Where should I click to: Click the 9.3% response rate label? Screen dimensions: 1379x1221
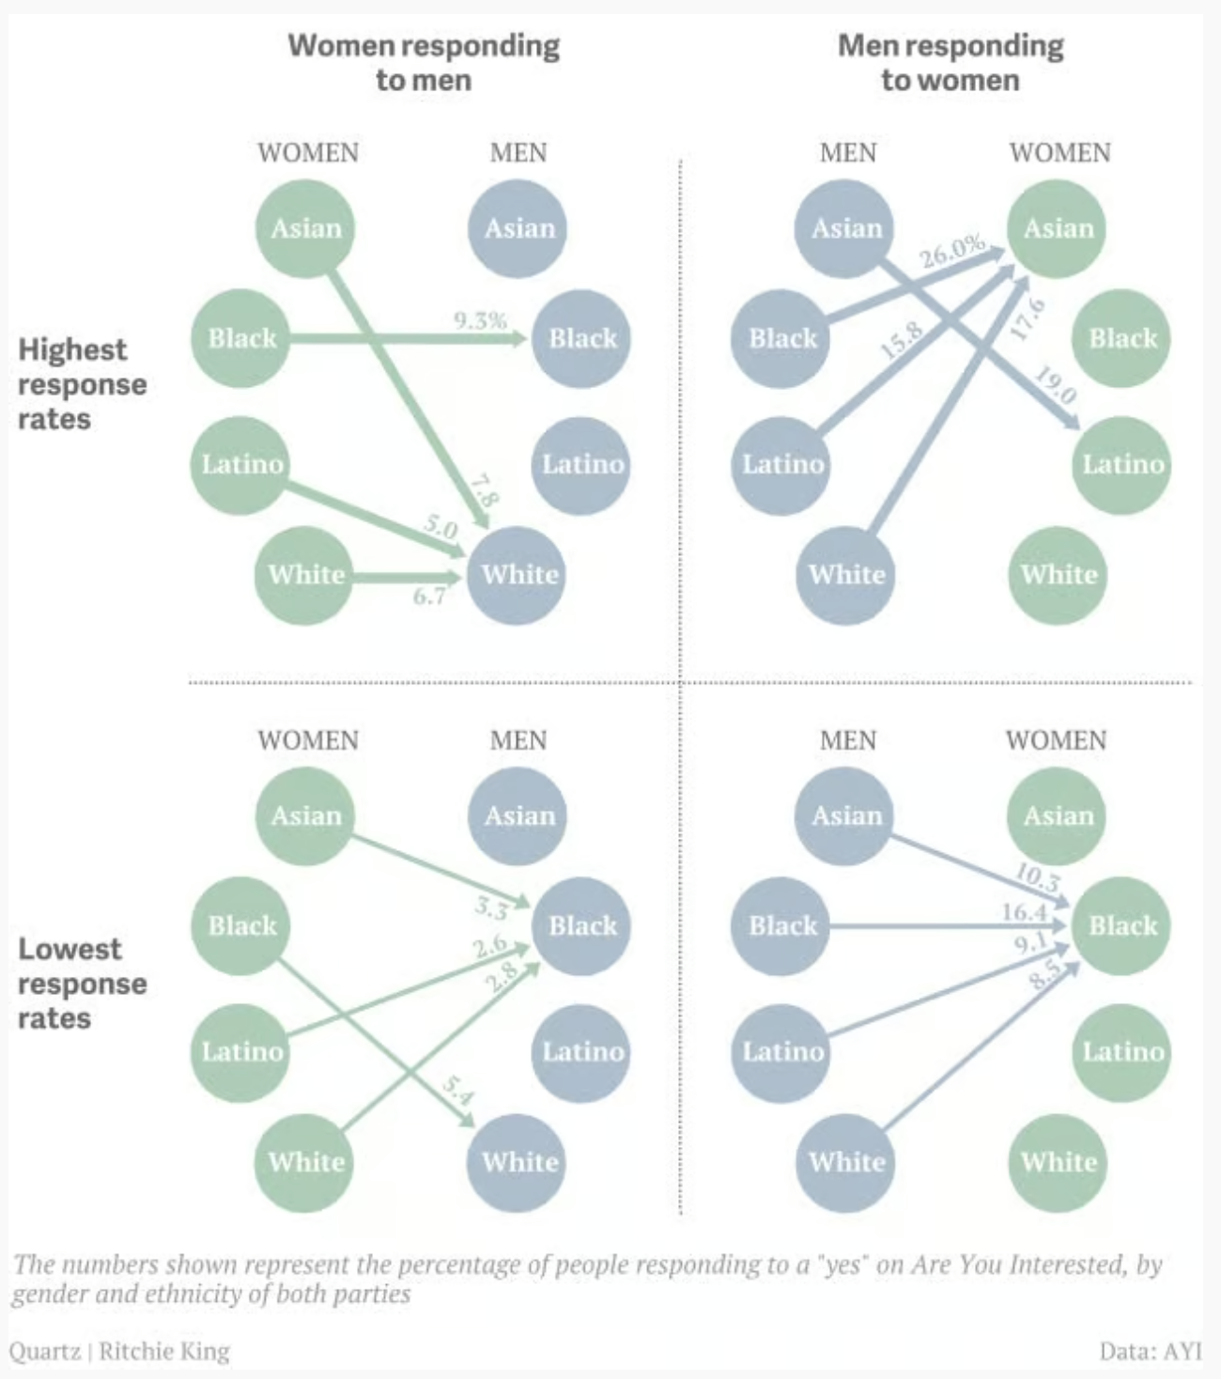480,321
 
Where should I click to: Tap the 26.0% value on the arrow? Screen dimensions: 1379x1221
951,251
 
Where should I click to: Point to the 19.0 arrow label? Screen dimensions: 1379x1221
1055,385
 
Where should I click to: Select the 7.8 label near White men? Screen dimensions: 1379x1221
484,490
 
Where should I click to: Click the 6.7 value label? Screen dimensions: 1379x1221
429,596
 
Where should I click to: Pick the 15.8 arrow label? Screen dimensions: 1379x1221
901,339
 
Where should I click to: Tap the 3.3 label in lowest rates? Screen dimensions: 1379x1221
490,906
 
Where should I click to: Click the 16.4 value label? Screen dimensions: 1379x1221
1024,911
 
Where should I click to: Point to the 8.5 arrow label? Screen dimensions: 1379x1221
1045,976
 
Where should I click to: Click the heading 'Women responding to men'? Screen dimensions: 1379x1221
424,62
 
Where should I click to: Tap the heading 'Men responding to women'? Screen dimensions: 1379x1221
951,62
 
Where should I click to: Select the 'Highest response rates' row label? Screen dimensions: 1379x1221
82,384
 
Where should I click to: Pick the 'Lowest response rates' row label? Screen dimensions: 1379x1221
82,984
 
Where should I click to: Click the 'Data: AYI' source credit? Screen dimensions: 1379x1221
1151,1351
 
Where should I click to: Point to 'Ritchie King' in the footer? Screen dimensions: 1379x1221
164,1351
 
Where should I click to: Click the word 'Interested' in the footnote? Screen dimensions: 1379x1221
1066,1264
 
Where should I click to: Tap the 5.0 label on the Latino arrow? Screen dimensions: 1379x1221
440,526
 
